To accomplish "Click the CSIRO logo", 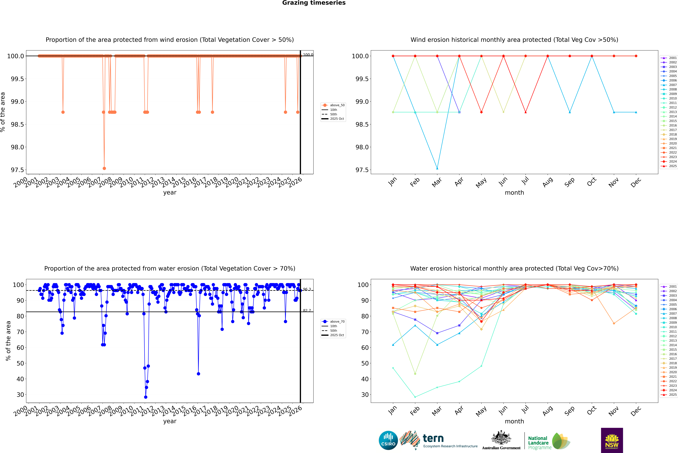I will pyautogui.click(x=388, y=440).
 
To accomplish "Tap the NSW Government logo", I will pyautogui.click(x=612, y=440).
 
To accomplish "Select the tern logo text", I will pyautogui.click(x=433, y=439).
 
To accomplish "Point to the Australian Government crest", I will pyautogui.click(x=501, y=438).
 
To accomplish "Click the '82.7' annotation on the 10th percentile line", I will pyautogui.click(x=307, y=311).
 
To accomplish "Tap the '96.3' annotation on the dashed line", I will pyautogui.click(x=307, y=289).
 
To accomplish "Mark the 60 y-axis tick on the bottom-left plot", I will pyautogui.click(x=20, y=348).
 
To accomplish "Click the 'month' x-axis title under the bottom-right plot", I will pyautogui.click(x=514, y=421).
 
